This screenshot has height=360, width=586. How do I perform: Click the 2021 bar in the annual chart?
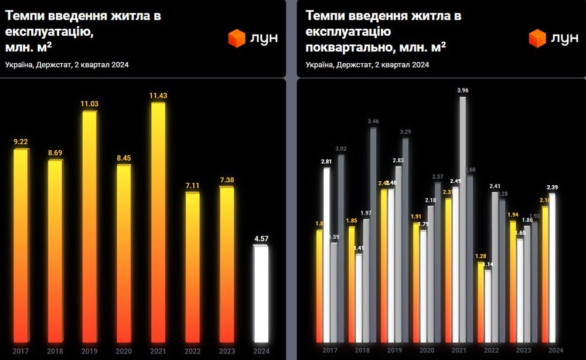pyautogui.click(x=158, y=223)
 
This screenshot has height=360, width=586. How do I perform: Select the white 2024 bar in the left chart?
pyautogui.click(x=261, y=293)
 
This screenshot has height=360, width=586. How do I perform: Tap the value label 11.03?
pyautogui.click(x=89, y=104)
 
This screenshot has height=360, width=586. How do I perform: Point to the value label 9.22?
pyautogui.click(x=21, y=142)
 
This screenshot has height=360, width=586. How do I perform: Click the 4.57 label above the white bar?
pyautogui.click(x=261, y=239)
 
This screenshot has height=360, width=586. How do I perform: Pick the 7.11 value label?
pyautogui.click(x=192, y=185)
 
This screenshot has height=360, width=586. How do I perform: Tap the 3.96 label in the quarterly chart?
pyautogui.click(x=463, y=90)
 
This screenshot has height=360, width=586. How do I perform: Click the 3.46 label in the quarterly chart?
pyautogui.click(x=373, y=121)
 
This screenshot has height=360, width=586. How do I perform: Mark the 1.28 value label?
pyautogui.click(x=482, y=256)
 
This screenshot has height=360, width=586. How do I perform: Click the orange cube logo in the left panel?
pyautogui.click(x=236, y=39)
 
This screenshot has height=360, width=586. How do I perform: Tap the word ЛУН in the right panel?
pyautogui.click(x=564, y=39)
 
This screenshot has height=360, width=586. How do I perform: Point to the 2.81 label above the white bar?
pyautogui.click(x=326, y=161)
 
